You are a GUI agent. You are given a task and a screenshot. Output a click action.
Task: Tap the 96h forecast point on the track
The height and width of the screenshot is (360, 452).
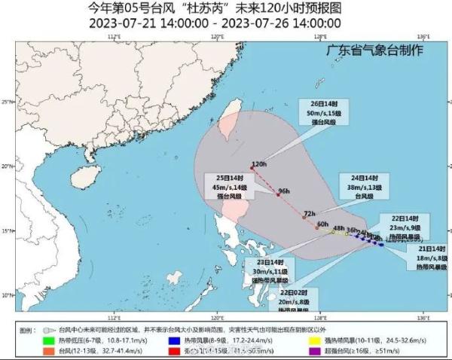pyautogui.click(x=278, y=195)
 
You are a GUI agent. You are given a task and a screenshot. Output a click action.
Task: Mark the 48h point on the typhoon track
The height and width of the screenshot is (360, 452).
pyautogui.click(x=332, y=232)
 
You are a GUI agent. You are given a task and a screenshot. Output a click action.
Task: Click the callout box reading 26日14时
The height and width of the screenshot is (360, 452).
pyautogui.click(x=337, y=112)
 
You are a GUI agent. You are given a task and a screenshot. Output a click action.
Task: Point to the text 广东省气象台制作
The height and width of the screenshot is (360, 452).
pyautogui.click(x=374, y=50)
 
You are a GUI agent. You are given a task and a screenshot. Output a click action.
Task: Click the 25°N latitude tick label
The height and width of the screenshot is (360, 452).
pyautogui.click(x=7, y=102)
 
